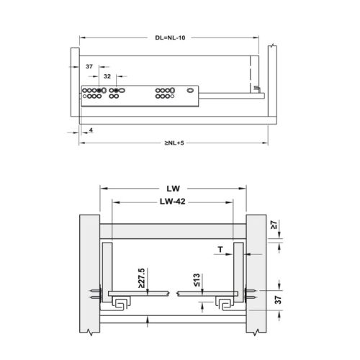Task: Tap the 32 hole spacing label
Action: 107,74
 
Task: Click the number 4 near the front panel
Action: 92,130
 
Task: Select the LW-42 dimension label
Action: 173,202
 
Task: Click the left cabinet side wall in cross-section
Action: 89,274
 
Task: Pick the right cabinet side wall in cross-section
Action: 256,274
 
